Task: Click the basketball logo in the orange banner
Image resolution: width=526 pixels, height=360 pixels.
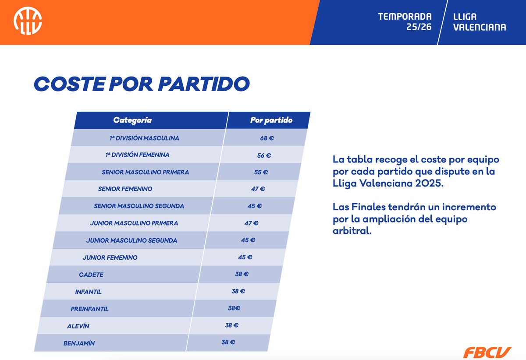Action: click(28, 21)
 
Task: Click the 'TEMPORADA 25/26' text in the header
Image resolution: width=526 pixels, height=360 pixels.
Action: click(405, 22)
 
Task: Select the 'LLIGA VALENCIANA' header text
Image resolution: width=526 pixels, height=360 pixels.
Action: click(479, 22)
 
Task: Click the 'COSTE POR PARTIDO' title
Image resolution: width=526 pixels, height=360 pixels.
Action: click(142, 84)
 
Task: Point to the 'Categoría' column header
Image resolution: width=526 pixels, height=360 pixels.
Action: click(132, 120)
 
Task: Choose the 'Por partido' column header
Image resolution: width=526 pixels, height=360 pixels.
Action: click(271, 120)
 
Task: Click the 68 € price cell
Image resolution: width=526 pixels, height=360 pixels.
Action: click(267, 138)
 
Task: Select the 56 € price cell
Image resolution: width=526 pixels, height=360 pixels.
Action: click(264, 155)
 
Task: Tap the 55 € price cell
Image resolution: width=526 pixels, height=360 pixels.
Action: click(261, 172)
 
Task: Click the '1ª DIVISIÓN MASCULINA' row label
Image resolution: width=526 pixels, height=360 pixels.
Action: click(144, 138)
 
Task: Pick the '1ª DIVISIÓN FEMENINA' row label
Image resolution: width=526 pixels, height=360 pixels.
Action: click(137, 155)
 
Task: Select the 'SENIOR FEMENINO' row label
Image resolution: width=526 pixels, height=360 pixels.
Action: click(125, 189)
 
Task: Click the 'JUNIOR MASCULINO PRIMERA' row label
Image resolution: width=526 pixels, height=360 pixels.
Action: click(134, 223)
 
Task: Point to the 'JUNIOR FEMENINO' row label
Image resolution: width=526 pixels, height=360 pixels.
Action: click(110, 258)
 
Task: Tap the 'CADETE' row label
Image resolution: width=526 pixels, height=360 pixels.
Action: click(91, 275)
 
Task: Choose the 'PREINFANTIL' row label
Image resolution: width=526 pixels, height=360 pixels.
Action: click(89, 309)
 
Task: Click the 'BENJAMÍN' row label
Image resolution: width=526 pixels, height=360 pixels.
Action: click(79, 343)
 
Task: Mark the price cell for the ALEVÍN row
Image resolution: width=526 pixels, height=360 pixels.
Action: click(231, 325)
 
